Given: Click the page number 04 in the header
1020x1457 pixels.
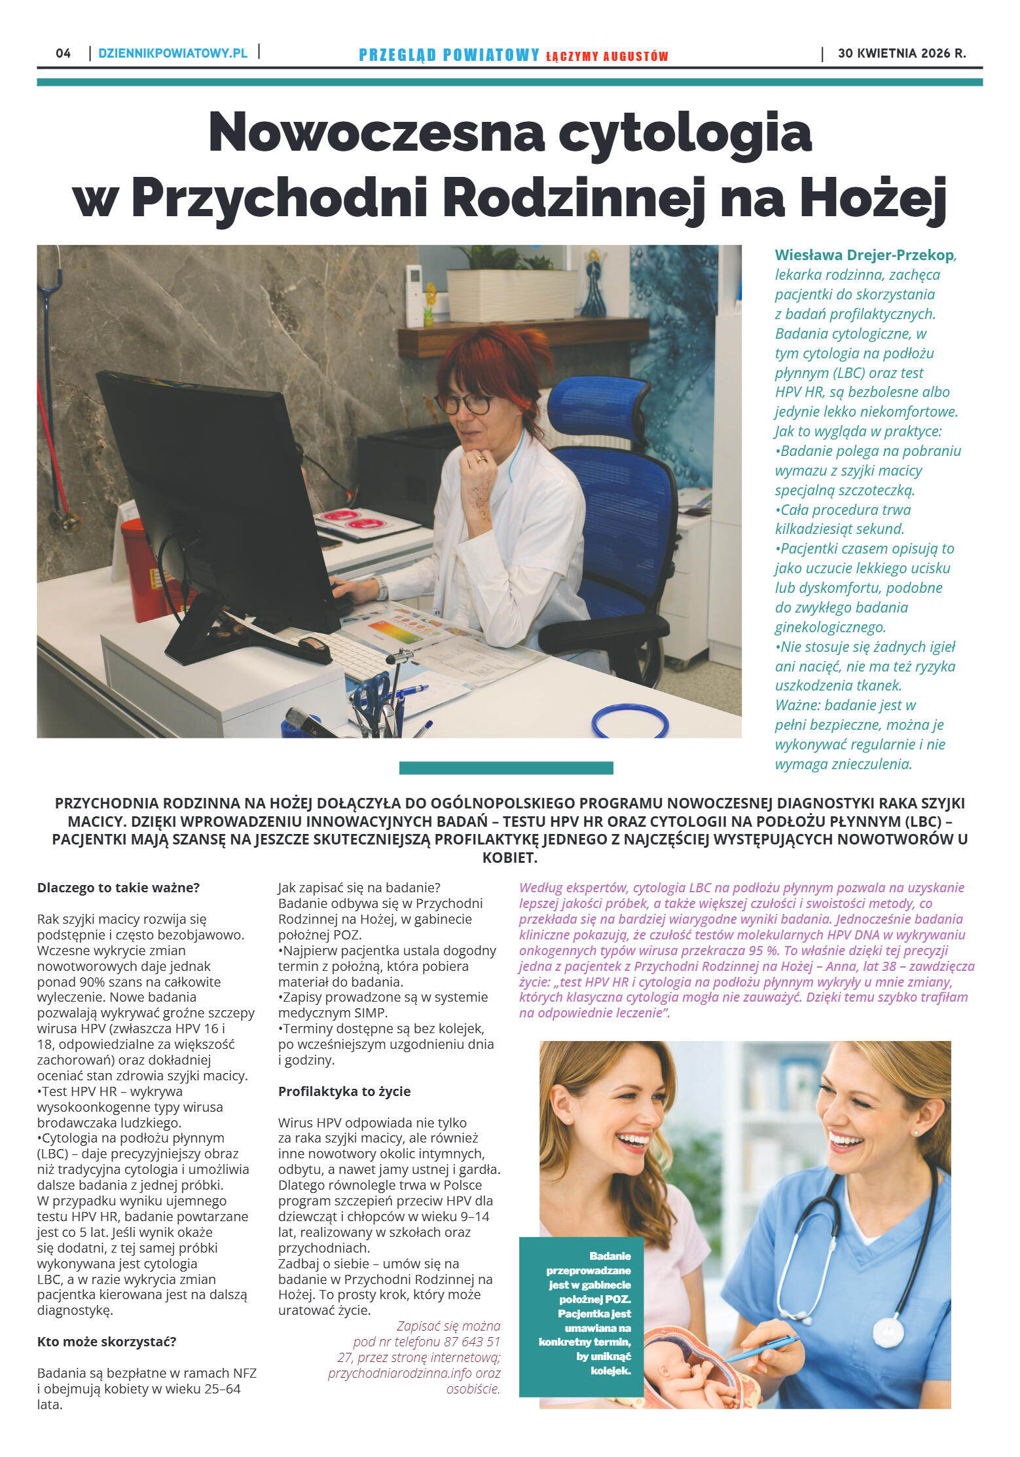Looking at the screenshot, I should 64,53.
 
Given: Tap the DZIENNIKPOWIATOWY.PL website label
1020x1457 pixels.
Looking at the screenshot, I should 173,53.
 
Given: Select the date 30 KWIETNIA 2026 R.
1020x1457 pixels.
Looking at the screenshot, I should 902,53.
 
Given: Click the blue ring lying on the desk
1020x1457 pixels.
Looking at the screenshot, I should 630,721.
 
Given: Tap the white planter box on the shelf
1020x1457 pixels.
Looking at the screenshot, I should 511,295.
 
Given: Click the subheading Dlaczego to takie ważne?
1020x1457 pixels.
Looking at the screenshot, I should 118,888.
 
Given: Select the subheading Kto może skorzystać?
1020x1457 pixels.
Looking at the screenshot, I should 107,1341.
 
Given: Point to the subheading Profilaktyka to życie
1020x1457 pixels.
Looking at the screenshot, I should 344,1091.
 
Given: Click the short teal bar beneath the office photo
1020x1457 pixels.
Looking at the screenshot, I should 506,768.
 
